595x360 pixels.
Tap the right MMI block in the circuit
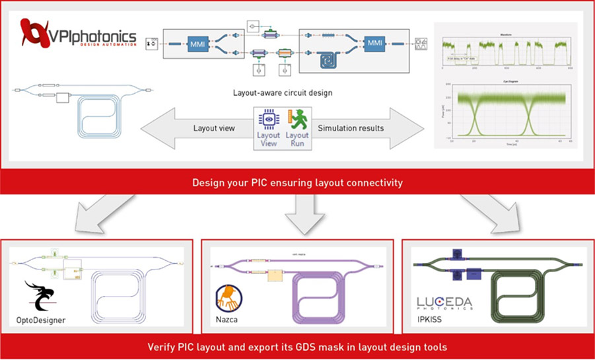click(x=374, y=44)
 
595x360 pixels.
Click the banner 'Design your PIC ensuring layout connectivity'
click(x=297, y=183)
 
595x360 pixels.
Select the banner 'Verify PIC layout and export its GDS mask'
click(x=297, y=347)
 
